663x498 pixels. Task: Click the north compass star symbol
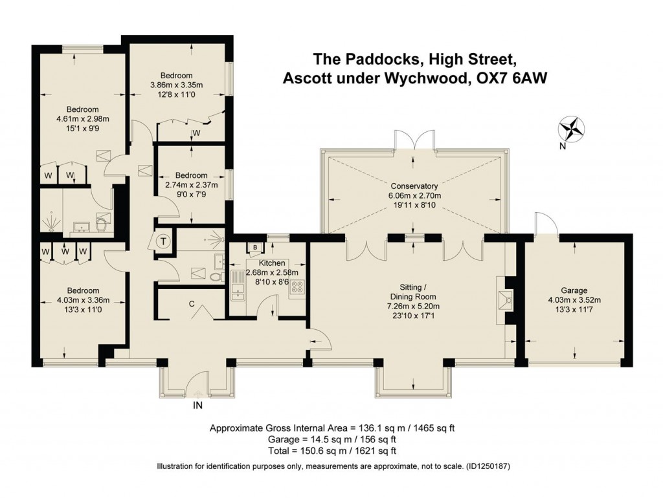[x=570, y=127]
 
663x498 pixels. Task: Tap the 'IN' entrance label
[x=199, y=406]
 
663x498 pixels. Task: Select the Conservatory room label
[x=414, y=186]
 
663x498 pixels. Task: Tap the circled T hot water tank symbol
[x=164, y=240]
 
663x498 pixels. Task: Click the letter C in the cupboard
[x=192, y=303]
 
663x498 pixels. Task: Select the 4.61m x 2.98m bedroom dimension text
[x=82, y=118]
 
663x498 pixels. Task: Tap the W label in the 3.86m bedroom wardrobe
[x=196, y=134]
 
